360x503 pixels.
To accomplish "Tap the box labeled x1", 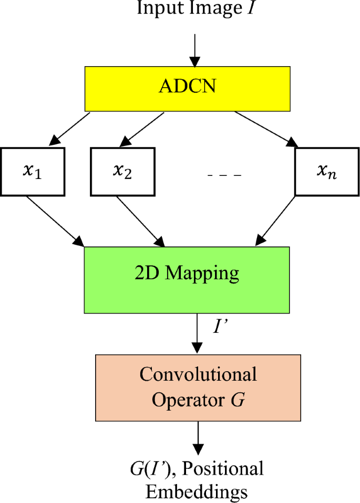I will [x=33, y=172].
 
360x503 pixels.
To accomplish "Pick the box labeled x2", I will [x=122, y=172].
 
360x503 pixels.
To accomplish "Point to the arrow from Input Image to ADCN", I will [x=195, y=50].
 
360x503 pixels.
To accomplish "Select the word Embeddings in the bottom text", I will [x=197, y=492].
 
